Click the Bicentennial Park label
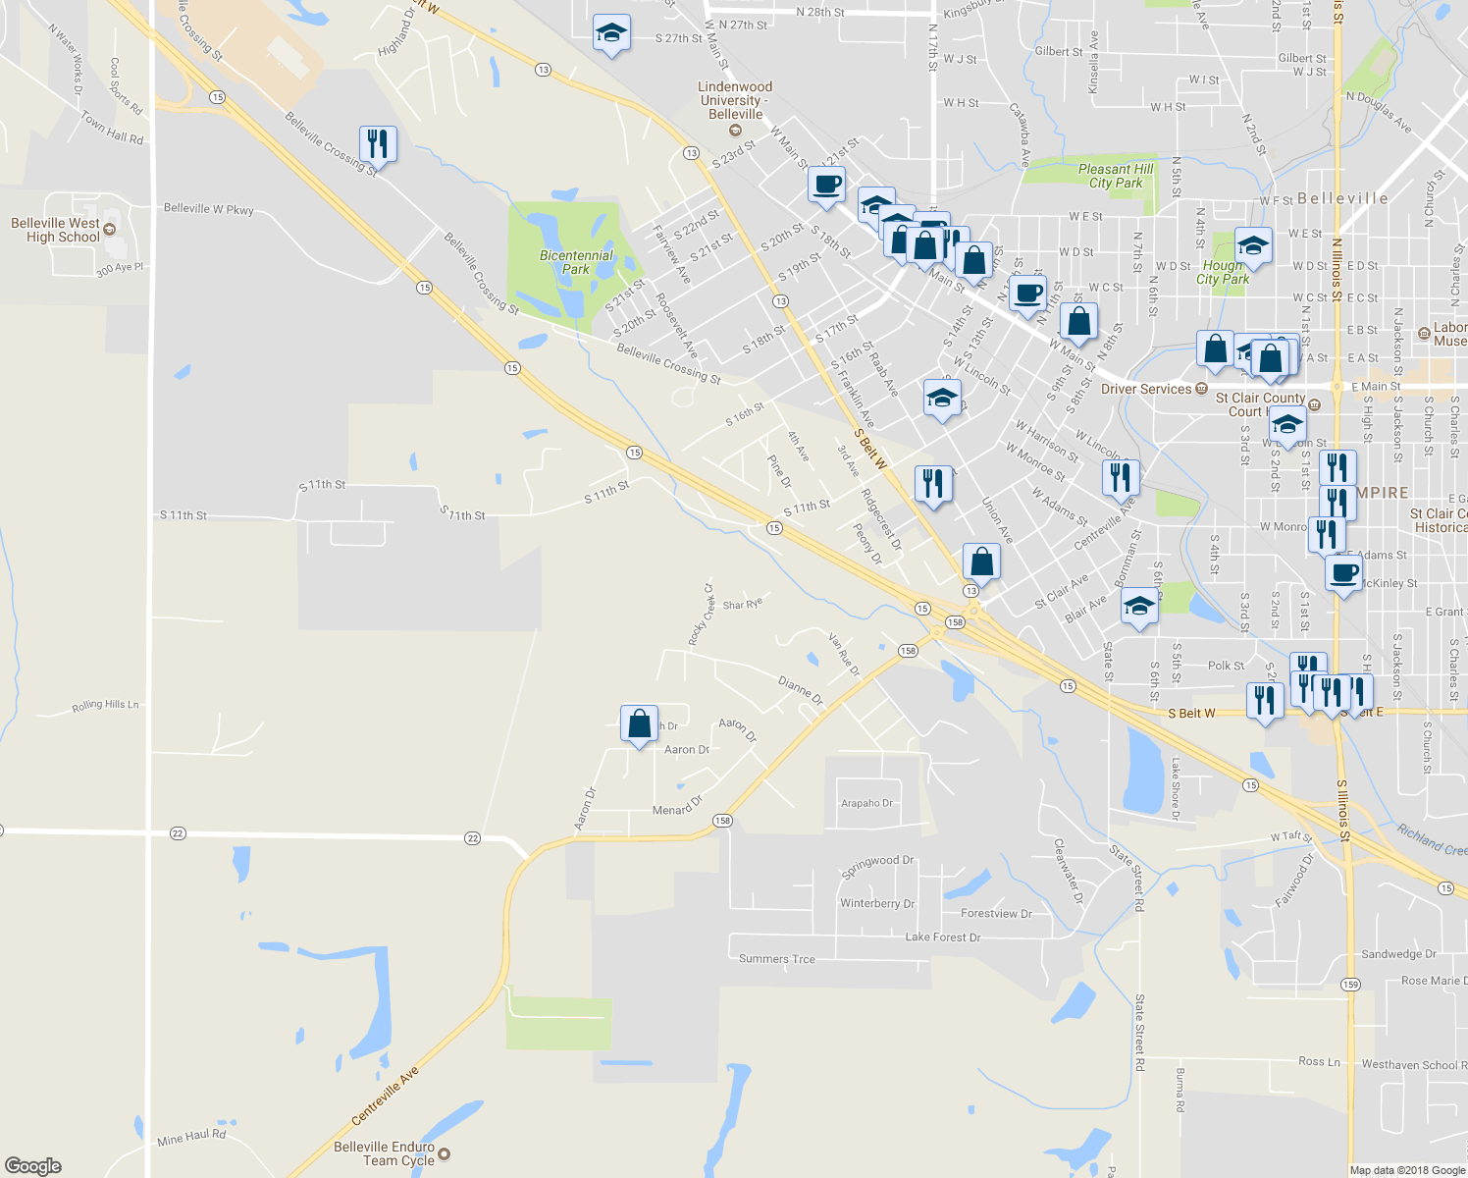click(x=576, y=262)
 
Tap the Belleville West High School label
click(x=56, y=230)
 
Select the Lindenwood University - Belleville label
click(x=735, y=100)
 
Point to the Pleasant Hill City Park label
click(x=1116, y=176)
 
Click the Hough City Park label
click(x=1222, y=272)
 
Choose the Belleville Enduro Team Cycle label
click(x=384, y=1153)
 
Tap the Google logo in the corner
click(x=32, y=1166)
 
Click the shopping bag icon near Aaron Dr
click(x=639, y=725)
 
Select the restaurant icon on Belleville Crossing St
click(x=378, y=144)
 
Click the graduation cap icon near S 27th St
click(x=611, y=34)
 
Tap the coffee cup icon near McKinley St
click(x=1343, y=572)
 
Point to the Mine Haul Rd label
click(x=191, y=1137)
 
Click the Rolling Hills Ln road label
click(x=105, y=706)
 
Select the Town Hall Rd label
click(x=112, y=128)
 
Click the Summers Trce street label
click(x=776, y=959)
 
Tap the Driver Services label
click(x=1145, y=390)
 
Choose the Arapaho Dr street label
click(x=866, y=803)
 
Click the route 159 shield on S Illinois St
click(x=1350, y=984)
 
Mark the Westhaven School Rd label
click(x=1409, y=1064)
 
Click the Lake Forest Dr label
click(x=942, y=937)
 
